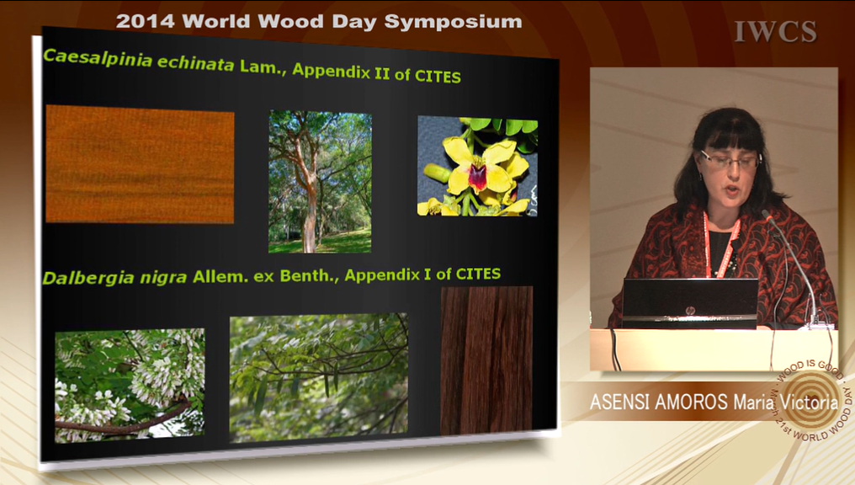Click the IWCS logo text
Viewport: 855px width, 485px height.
pos(775,31)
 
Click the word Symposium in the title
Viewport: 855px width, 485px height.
pos(453,22)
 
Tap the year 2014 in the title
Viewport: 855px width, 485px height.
pos(145,21)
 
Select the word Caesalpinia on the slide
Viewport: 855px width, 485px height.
pos(98,58)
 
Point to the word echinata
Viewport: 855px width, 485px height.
pos(196,63)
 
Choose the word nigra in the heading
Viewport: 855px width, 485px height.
pos(163,278)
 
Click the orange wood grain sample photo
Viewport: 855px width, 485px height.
pos(140,164)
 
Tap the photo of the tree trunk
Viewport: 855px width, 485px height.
pos(320,182)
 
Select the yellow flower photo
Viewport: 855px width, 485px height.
pos(478,166)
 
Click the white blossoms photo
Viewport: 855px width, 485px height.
pos(130,385)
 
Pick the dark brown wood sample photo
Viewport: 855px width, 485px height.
pos(487,360)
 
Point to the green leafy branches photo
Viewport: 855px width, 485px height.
pos(318,377)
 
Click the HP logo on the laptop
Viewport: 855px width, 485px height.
pos(690,311)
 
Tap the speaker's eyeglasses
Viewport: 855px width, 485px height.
pos(730,160)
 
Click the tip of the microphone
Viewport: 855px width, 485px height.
pos(765,213)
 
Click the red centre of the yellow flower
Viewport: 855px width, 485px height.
pos(478,178)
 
